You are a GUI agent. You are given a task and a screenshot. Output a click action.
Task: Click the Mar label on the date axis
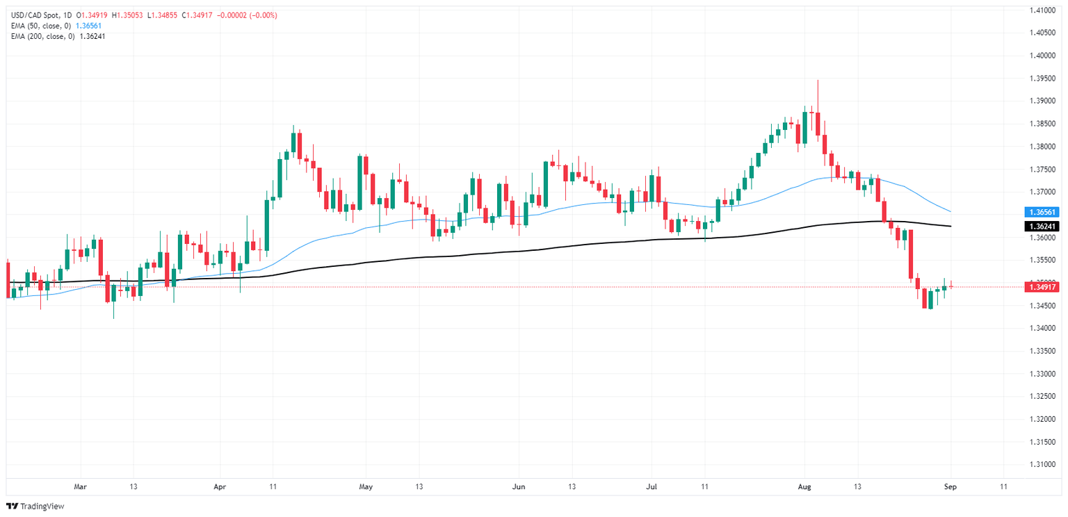tap(80, 487)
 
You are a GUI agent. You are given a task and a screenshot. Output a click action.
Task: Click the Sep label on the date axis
tap(950, 487)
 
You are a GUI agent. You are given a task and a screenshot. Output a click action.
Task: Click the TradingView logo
tap(35, 507)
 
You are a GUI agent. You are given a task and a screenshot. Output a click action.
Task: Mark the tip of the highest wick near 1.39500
tap(818, 81)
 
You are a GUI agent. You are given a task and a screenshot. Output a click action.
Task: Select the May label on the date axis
tap(366, 487)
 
